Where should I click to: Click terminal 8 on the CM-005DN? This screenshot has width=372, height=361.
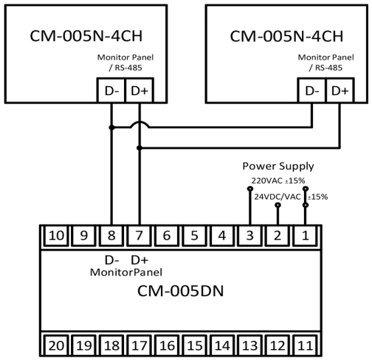tap(110, 236)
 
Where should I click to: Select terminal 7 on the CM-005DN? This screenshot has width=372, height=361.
tap(138, 236)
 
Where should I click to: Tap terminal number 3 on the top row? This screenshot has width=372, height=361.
tap(249, 236)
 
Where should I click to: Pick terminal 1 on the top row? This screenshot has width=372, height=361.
tap(305, 236)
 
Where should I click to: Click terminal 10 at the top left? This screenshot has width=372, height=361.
tap(55, 236)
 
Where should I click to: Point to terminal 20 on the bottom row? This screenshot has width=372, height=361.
tap(55, 343)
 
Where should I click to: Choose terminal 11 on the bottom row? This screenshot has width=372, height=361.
tap(305, 343)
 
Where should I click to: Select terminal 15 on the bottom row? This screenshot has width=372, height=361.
tap(193, 343)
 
